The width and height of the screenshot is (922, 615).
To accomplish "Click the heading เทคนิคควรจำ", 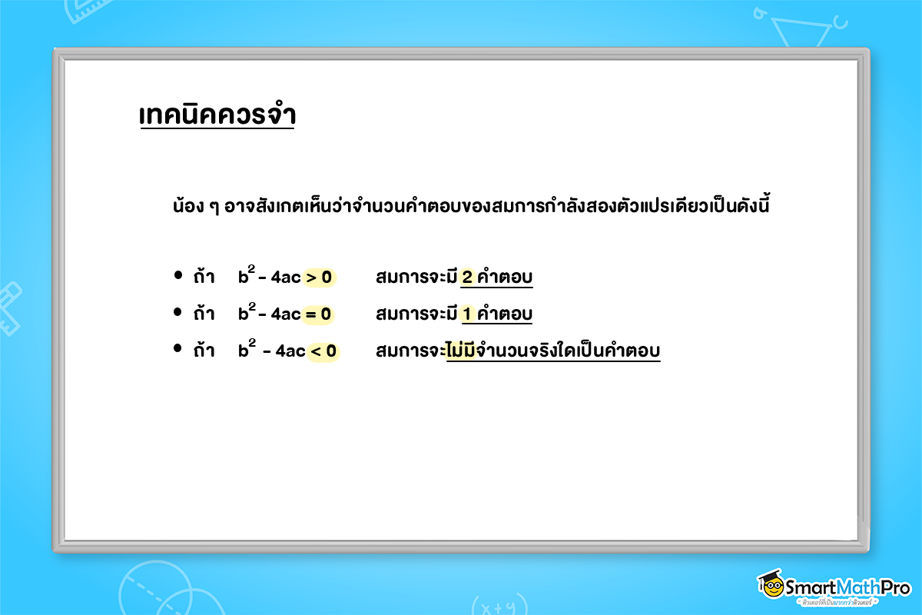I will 217,115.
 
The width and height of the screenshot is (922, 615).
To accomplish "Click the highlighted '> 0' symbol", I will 319,277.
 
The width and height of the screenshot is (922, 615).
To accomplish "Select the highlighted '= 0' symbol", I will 319,314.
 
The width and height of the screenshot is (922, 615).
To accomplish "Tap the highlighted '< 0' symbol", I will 323,351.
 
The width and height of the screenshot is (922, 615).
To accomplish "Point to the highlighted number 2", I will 467,277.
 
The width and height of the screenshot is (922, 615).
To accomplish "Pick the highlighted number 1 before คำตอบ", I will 467,314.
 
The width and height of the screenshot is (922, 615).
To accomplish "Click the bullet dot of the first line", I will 177,275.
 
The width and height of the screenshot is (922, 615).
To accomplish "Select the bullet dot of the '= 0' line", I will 177,312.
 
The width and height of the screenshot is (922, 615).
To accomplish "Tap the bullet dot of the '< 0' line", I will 177,350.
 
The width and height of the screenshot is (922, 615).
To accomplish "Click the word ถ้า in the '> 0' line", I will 204,277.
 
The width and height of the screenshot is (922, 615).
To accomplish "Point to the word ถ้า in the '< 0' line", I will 204,351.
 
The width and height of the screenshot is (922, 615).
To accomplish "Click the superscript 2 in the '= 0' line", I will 251,305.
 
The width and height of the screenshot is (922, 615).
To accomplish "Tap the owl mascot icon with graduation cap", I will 771,586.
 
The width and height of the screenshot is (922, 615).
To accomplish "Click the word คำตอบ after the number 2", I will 504,277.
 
